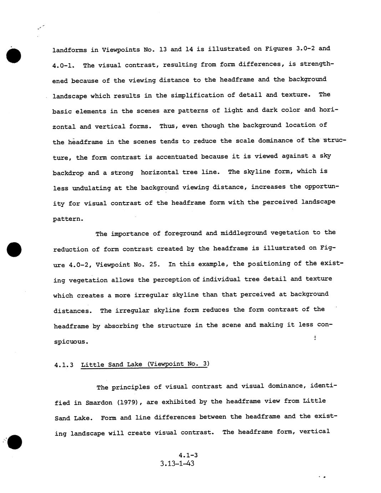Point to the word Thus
[x=167, y=126]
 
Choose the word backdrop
[x=68, y=173]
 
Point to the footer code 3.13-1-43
[x=177, y=464]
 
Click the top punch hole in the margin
[x=14, y=56]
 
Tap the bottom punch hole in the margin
[x=14, y=442]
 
